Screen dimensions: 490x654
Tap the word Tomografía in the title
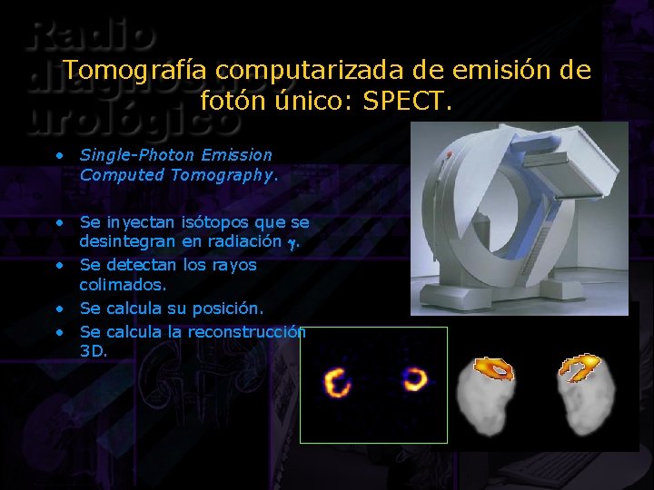[x=136, y=70]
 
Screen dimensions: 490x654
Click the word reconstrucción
[x=246, y=332]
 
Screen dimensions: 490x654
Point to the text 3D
[x=93, y=351]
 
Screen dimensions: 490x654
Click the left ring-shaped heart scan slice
[x=337, y=382]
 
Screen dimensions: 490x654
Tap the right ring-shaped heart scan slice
[x=414, y=378]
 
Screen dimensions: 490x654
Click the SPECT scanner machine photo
[x=519, y=218]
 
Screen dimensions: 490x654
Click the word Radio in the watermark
[x=91, y=36]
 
